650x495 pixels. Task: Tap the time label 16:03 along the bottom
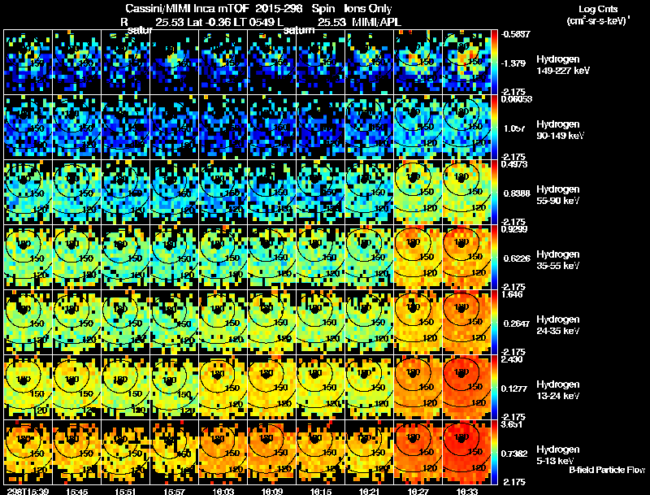click(223, 491)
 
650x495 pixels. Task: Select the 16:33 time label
click(467, 491)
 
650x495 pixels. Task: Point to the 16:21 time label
click(370, 491)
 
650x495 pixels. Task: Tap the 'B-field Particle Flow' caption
click(606, 471)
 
